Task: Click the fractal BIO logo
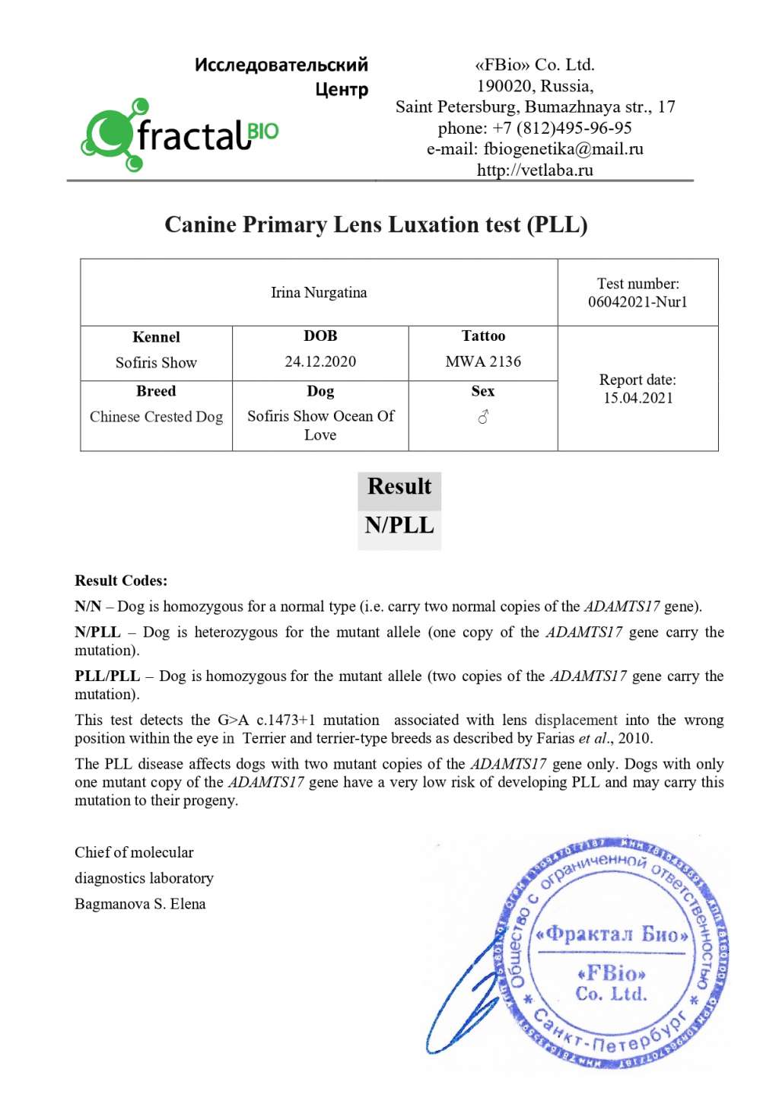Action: click(180, 135)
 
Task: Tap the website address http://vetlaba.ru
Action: click(535, 170)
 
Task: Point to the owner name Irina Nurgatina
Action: click(319, 293)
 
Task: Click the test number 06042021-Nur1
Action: click(638, 302)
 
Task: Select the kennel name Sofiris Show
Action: click(156, 363)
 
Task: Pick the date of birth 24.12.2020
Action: click(320, 361)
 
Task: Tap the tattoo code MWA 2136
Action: click(483, 361)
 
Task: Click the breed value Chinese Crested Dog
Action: click(156, 417)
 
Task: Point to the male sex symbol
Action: click(483, 417)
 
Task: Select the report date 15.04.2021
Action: click(638, 398)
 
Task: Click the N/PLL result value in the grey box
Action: click(399, 526)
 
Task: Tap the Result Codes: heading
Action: click(121, 581)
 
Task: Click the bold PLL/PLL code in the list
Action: click(107, 676)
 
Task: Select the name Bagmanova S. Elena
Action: click(140, 904)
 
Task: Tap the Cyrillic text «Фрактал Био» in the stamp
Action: click(612, 934)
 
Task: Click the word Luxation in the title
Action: click(433, 224)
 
